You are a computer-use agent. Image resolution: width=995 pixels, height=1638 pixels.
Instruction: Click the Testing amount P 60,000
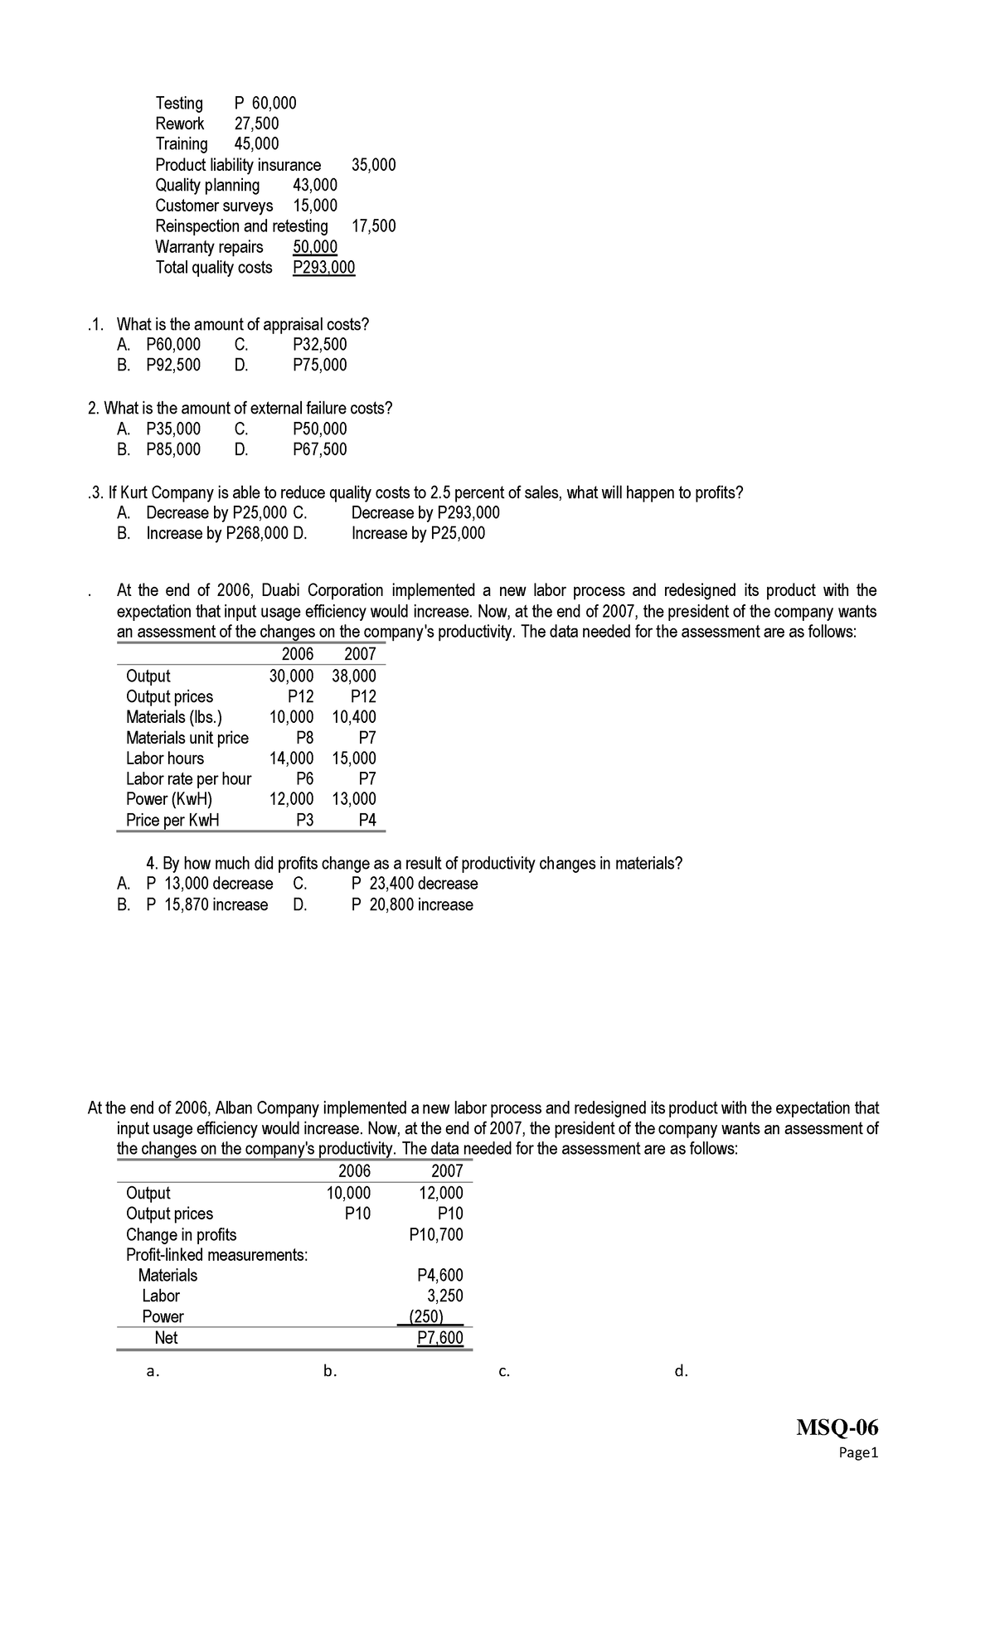[265, 104]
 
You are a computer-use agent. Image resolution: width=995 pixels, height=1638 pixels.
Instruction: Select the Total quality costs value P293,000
[324, 268]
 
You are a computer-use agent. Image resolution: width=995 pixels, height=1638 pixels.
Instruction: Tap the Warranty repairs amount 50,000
[315, 247]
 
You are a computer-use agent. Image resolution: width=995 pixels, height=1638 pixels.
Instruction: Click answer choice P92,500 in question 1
[173, 366]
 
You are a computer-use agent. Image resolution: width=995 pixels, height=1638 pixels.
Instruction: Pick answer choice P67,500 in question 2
[320, 450]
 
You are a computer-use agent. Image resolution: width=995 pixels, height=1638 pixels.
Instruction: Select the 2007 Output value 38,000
[354, 676]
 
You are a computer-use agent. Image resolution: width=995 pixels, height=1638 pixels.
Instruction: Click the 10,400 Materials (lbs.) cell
[354, 717]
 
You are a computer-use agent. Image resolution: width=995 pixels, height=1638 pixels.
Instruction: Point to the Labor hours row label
[165, 758]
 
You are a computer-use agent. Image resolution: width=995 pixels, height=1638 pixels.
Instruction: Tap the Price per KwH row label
[172, 821]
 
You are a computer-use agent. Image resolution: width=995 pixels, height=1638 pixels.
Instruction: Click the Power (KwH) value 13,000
[354, 800]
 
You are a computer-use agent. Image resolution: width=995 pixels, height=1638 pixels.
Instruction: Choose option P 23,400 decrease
[415, 884]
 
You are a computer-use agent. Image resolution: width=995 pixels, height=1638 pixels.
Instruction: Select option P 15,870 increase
[207, 905]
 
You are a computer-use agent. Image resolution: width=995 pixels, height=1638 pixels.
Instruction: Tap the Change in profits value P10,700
[437, 1235]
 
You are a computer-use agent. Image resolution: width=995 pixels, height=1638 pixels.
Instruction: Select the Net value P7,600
[440, 1338]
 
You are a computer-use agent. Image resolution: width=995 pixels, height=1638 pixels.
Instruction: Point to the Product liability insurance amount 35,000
[374, 165]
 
